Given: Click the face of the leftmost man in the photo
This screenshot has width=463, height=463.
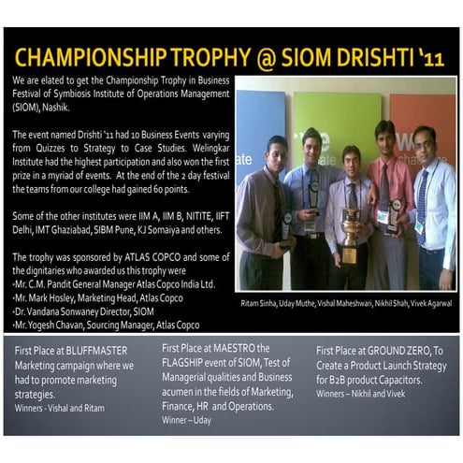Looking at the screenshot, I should tap(275, 152).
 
